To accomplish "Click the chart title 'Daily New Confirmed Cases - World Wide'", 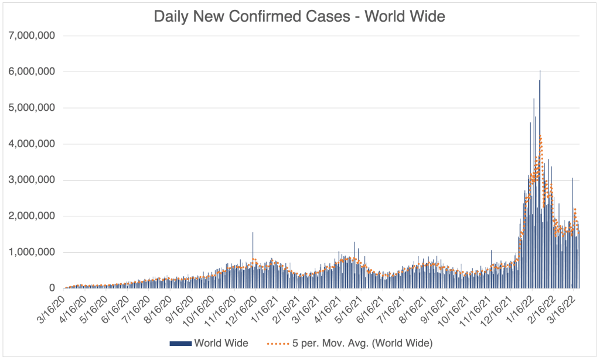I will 299,16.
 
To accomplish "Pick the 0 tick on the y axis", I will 52,288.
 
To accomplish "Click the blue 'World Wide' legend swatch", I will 180,342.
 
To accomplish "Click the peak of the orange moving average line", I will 540,137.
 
